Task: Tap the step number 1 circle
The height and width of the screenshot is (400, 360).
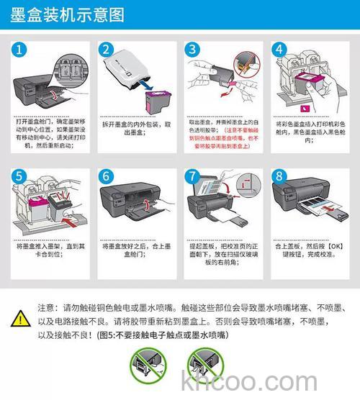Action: (23, 50)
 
